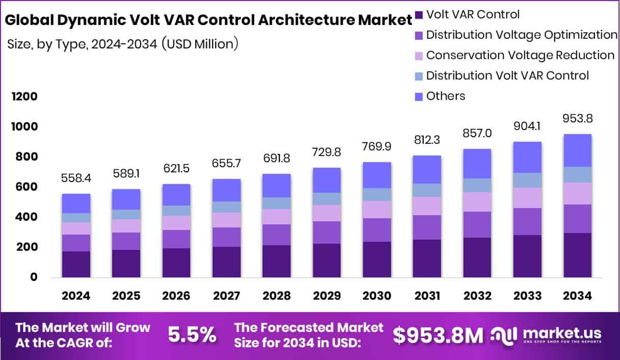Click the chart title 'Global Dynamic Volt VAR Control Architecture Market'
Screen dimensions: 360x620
208,20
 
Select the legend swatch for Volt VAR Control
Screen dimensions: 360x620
419,15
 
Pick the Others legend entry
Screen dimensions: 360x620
445,96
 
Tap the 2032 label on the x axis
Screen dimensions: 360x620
477,296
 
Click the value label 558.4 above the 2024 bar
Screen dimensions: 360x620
76,178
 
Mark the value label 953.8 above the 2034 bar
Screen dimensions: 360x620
577,119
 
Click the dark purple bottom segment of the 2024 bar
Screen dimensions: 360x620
76,264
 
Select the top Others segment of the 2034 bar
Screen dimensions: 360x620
577,150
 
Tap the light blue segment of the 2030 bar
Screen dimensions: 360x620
377,194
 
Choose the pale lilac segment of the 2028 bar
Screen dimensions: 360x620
276,217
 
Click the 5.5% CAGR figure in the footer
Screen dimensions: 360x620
191,335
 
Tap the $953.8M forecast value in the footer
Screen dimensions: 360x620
437,335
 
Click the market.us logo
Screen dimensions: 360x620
547,335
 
